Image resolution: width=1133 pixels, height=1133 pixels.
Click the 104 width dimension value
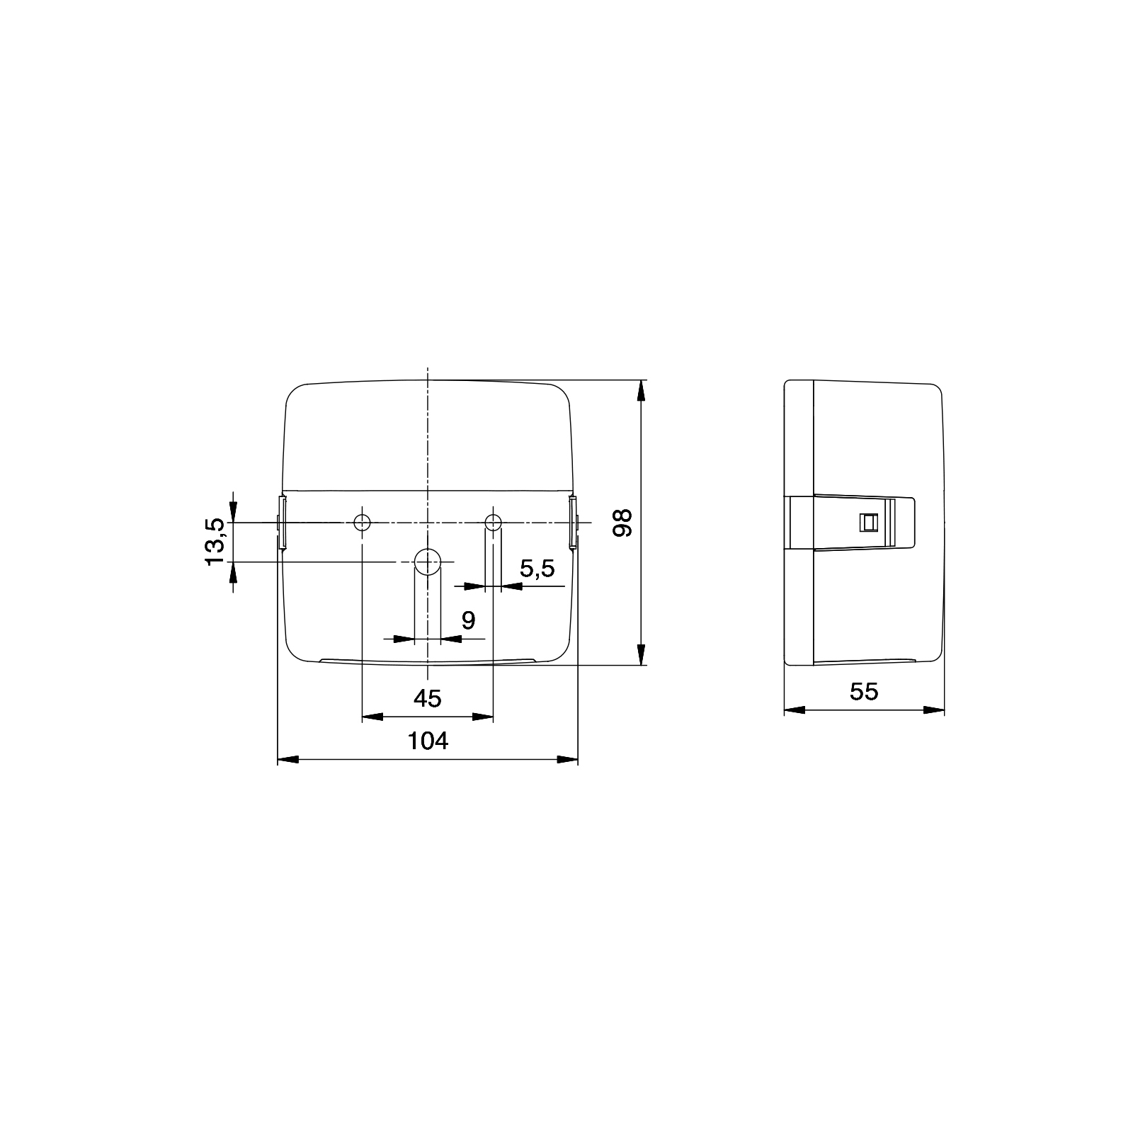pos(428,741)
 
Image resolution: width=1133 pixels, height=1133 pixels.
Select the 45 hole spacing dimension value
pos(428,699)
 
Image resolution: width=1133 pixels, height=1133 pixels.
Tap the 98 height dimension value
pos(622,523)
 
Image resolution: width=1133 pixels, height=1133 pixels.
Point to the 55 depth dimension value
pos(864,691)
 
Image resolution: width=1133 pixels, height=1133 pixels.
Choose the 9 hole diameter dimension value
pos(468,620)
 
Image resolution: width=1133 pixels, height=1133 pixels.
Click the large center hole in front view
pos(427,562)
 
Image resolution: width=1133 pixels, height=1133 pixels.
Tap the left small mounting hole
pos(362,523)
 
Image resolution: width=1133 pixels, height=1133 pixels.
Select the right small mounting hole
pos(493,523)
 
